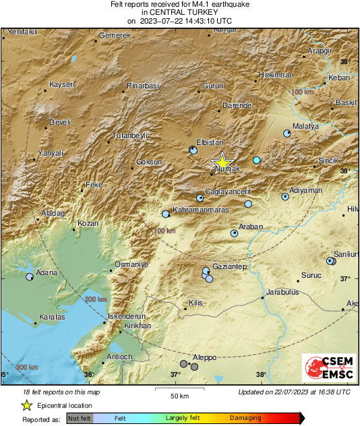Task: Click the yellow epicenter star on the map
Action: pos(222,162)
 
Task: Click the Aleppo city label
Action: pos(205,357)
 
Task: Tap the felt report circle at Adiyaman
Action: pos(285,197)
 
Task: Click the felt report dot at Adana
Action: pos(29,276)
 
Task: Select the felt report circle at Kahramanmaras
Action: pos(165,214)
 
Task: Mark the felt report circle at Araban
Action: pos(234,233)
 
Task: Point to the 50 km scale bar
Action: pos(178,389)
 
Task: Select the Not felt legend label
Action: pos(80,418)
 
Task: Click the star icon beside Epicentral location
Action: pos(26,405)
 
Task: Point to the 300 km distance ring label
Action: pos(26,367)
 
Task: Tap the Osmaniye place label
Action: pos(131,264)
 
